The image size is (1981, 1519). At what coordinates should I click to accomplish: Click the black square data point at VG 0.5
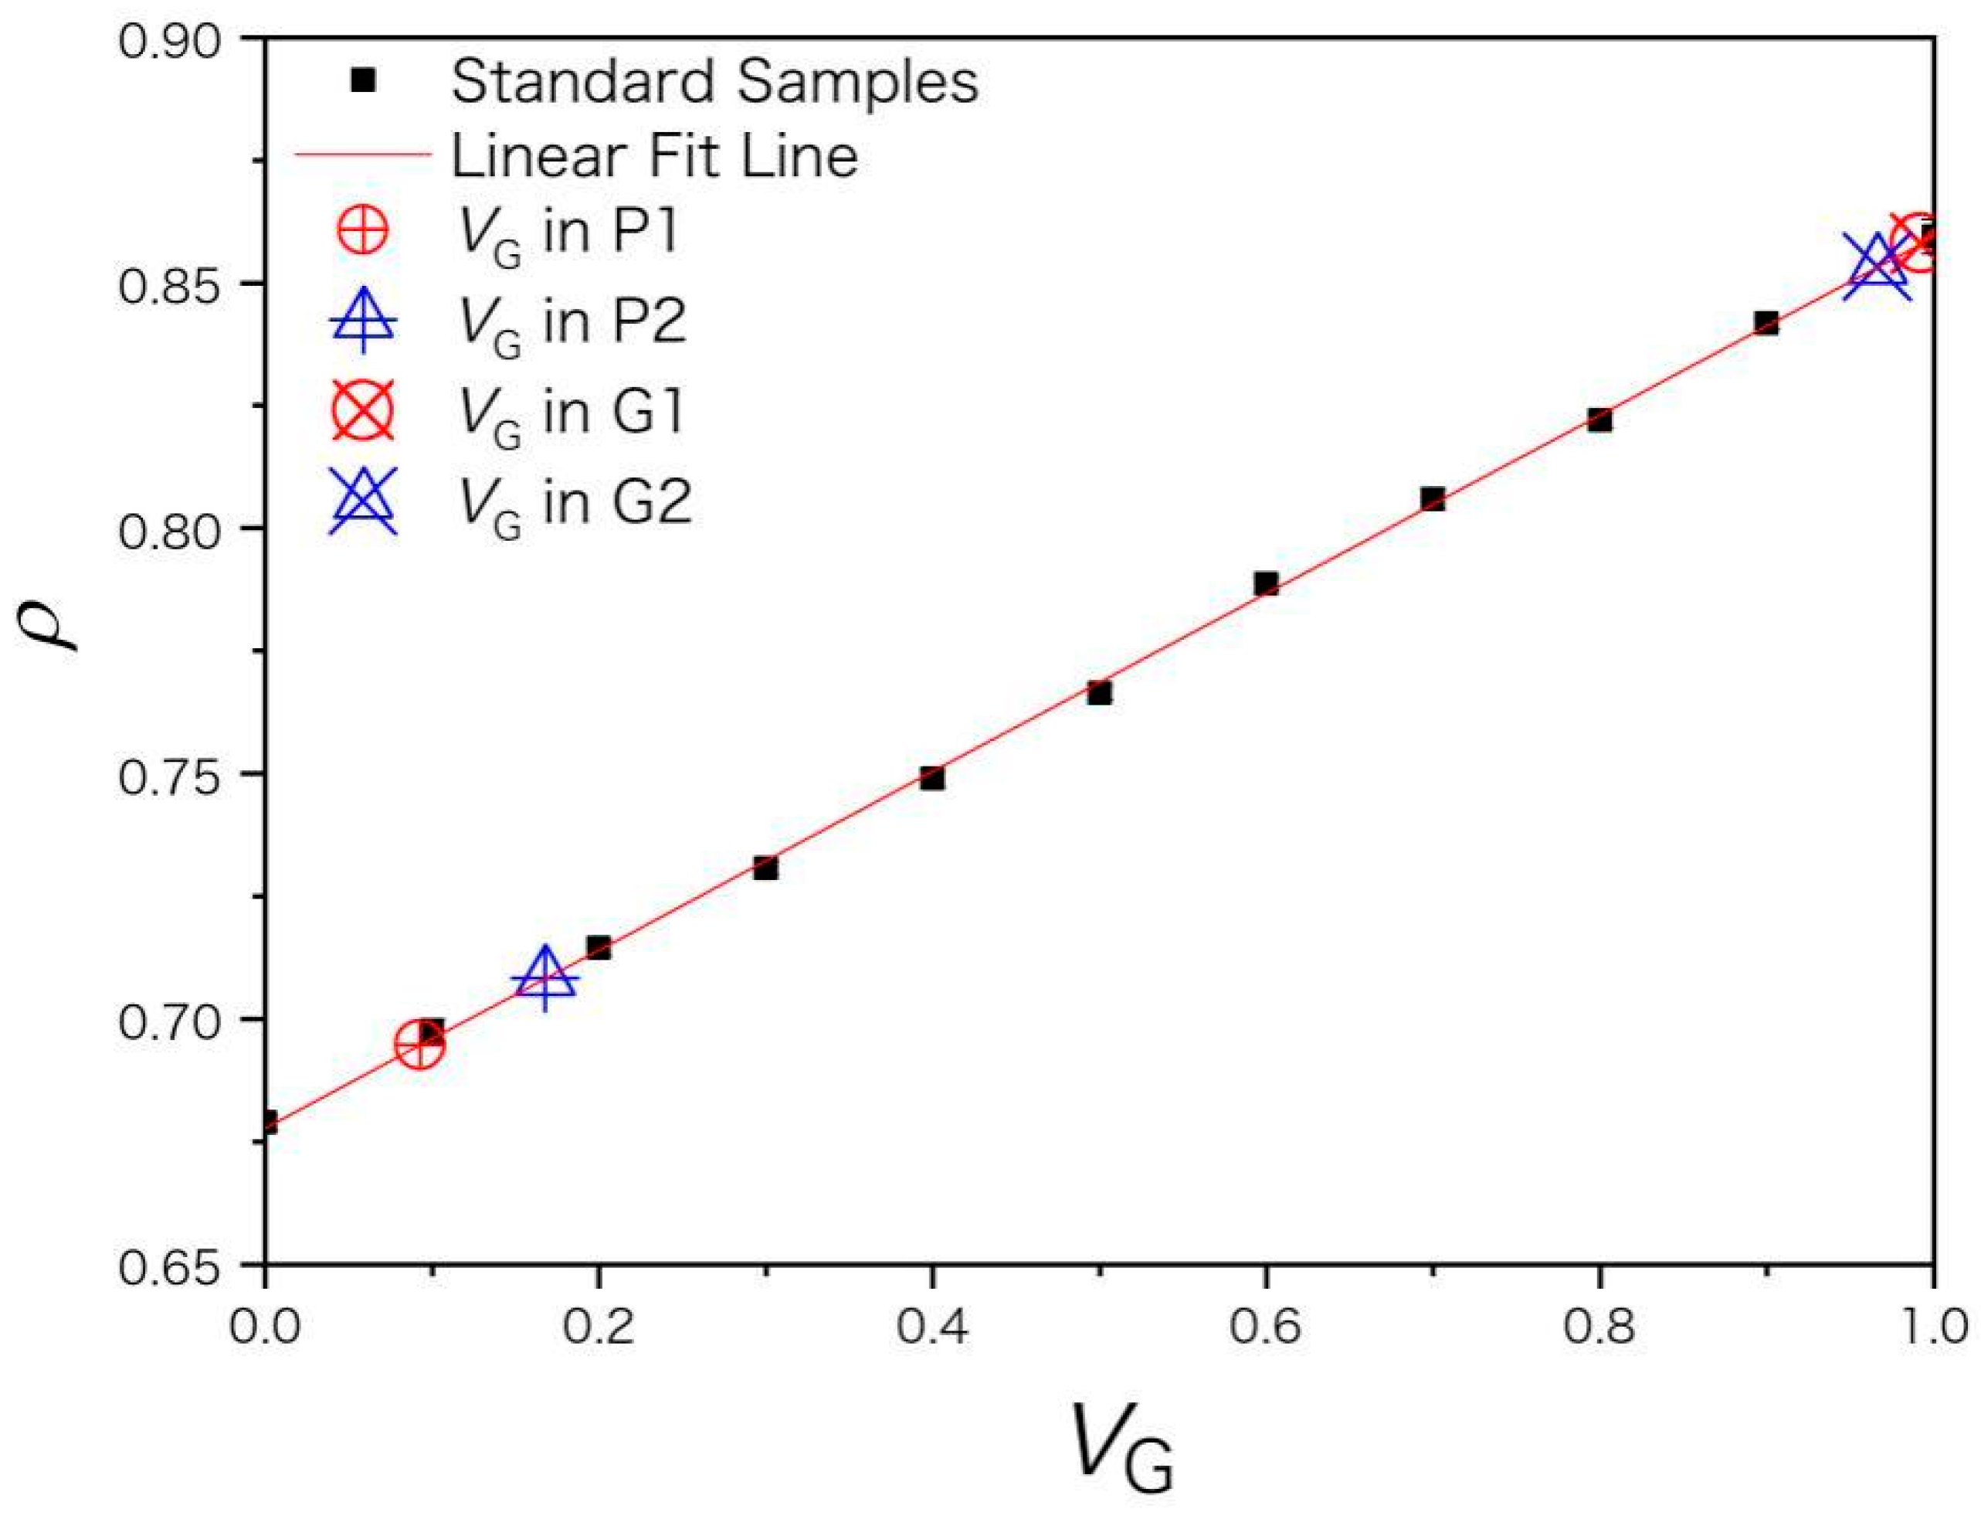(x=1099, y=694)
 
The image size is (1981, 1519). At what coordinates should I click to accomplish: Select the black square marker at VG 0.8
(x=1599, y=420)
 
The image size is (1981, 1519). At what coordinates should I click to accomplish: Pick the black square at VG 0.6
(x=1266, y=583)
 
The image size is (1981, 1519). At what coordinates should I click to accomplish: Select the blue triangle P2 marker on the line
(x=544, y=978)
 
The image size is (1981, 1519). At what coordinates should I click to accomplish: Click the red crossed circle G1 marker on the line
(x=1916, y=243)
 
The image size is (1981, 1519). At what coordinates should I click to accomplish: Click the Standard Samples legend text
(x=714, y=81)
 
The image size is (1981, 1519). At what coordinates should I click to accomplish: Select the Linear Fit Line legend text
(x=654, y=155)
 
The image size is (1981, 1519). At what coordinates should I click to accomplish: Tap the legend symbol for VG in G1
(x=362, y=410)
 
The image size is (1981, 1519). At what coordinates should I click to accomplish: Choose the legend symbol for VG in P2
(x=362, y=321)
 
